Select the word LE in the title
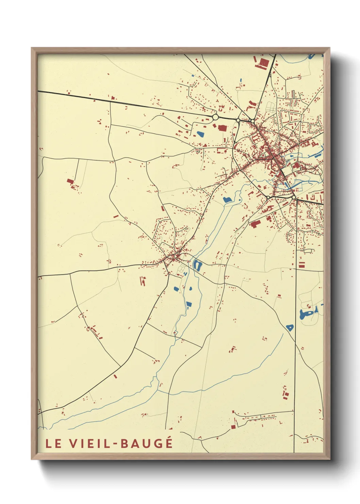coord(53,443)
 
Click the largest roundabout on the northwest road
coord(215,117)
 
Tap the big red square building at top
coord(264,63)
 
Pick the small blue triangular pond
coord(290,328)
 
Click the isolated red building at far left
coord(70,182)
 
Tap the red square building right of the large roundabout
coord(222,128)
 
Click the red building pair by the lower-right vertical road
coord(285,394)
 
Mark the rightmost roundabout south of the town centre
coord(293,197)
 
